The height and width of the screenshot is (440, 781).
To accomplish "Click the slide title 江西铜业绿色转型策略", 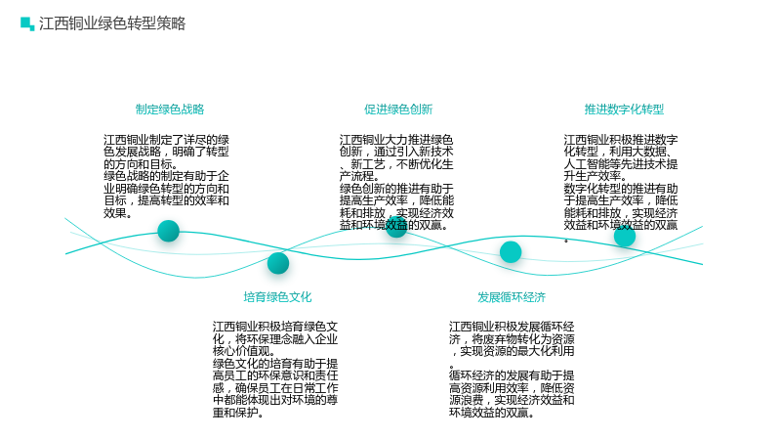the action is (112, 23).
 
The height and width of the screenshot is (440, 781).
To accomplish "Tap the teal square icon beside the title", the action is (27, 23).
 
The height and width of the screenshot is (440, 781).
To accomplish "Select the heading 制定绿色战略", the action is (170, 110).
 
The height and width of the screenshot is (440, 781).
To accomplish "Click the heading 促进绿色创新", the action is (398, 110).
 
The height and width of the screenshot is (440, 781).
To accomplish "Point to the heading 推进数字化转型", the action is (624, 110).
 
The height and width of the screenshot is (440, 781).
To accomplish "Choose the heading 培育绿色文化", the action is (277, 297).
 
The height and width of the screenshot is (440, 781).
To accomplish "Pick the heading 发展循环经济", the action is (512, 297).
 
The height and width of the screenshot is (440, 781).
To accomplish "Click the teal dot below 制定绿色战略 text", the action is (168, 231).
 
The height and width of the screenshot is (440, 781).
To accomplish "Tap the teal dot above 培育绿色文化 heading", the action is (278, 263).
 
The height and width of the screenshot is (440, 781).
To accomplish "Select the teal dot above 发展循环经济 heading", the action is (511, 252).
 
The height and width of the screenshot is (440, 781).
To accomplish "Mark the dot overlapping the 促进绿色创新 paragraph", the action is (396, 227).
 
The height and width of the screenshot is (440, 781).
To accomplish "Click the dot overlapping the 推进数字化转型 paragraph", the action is (625, 236).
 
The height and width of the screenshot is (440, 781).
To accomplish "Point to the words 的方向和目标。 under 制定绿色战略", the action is (141, 164).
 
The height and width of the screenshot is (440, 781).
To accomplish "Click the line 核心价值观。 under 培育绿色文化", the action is (244, 351).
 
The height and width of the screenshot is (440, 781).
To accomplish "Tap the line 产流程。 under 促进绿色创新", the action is (359, 176).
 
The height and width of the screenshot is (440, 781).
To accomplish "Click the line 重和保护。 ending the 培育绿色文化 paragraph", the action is (238, 413).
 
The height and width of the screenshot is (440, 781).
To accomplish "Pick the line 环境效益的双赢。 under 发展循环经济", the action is (492, 413).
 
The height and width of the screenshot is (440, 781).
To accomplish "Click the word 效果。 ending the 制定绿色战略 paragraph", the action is (118, 213).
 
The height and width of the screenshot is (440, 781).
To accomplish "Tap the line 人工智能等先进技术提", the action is (621, 164).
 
